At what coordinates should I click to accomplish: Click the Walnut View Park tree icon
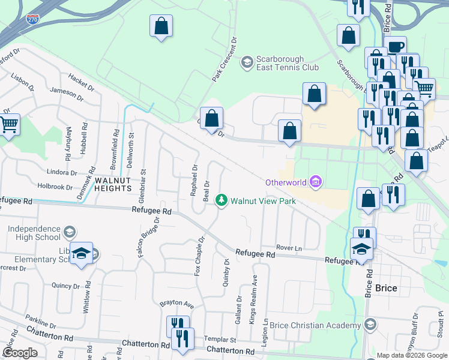[x=222, y=200]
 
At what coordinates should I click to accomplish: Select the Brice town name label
[x=386, y=288]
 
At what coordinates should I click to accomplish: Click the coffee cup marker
[x=396, y=47]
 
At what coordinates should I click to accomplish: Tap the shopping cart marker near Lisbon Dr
[x=9, y=125]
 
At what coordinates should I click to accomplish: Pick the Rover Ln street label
[x=289, y=247]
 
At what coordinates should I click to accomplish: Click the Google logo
[x=20, y=353]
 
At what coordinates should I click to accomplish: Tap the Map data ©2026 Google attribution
[x=412, y=355]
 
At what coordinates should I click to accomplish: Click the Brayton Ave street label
[x=176, y=304]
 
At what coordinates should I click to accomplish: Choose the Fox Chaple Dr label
[x=199, y=256]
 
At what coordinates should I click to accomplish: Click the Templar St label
[x=221, y=339]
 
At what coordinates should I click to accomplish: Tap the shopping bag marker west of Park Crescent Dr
[x=161, y=26]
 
